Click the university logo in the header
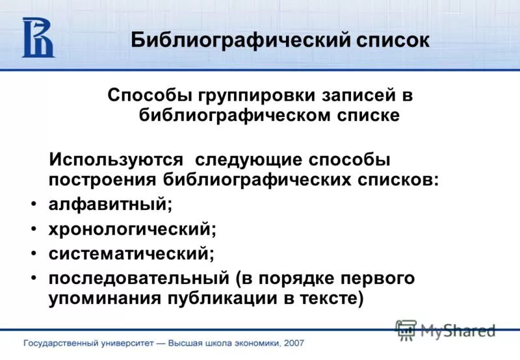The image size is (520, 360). tap(38, 38)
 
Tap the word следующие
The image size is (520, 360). tap(248, 159)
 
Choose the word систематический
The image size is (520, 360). tap(131, 251)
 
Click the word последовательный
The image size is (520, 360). tap(137, 277)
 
